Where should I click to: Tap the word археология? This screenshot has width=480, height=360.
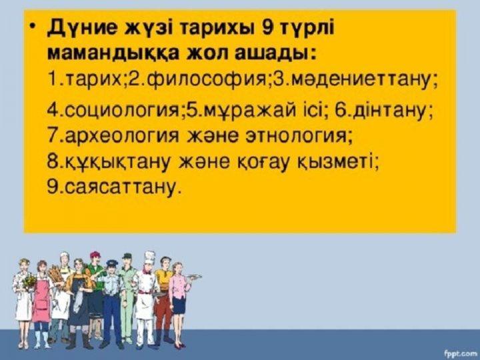(122, 135)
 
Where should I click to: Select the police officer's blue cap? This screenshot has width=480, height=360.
(112, 263)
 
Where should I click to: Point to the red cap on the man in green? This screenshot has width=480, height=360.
(95, 255)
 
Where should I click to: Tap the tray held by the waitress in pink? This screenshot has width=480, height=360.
(193, 277)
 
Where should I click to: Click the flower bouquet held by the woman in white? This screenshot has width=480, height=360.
(29, 280)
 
